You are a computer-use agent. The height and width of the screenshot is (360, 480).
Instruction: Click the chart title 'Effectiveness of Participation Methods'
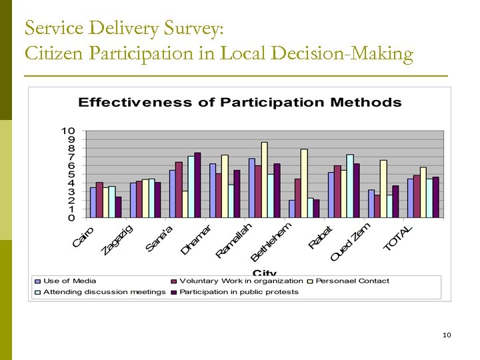pos(240,102)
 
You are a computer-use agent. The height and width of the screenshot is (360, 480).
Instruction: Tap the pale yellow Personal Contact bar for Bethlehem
pos(304,183)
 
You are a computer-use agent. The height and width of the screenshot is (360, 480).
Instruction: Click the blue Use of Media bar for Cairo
pos(93,203)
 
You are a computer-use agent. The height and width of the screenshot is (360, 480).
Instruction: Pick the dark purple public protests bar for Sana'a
pos(197,185)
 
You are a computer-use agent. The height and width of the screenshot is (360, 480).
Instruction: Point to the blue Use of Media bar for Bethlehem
pos(292,209)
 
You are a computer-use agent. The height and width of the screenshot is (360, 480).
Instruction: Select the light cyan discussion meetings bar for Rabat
pos(350,186)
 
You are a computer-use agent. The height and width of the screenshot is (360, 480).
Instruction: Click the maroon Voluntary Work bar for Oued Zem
pos(377,206)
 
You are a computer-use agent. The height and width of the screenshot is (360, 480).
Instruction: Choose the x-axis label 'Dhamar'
pos(197,239)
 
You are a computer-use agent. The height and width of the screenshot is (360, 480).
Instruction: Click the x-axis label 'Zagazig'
pos(117,239)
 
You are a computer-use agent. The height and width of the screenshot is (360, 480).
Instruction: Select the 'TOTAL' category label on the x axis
pos(398,238)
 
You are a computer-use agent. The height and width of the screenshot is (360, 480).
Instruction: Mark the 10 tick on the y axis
pos(68,131)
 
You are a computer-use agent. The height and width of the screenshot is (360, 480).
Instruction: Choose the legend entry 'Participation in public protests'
pos(239,292)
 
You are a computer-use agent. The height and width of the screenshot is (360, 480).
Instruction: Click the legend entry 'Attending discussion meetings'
pos(104,292)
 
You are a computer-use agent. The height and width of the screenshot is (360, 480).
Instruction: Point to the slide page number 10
pos(447,335)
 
